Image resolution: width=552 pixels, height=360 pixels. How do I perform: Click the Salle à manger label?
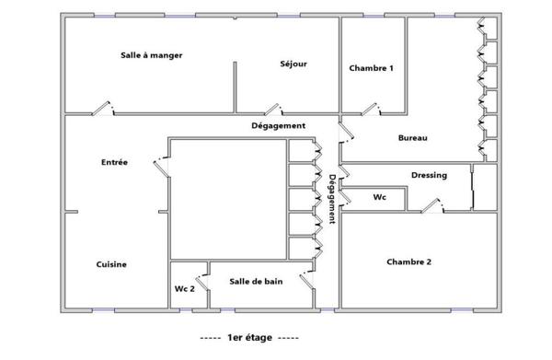click(152, 55)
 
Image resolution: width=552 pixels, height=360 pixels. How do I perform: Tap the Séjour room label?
click(293, 64)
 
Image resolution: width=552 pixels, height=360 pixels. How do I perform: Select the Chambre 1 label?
click(372, 68)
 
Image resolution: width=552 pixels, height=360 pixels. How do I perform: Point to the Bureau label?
click(412, 138)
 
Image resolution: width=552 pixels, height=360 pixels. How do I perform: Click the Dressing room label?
click(429, 175)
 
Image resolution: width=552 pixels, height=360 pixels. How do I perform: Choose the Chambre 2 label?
click(409, 261)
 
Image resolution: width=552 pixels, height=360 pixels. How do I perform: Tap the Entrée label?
click(114, 162)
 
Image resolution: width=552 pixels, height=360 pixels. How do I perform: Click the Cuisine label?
click(111, 264)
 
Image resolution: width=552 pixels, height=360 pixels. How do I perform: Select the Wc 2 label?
click(185, 288)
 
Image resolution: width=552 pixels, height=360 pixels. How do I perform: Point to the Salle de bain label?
click(256, 281)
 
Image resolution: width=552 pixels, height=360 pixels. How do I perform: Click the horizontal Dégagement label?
click(279, 125)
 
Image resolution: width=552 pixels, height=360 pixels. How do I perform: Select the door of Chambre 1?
click(370, 110)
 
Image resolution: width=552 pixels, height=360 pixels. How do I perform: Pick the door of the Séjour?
click(269, 109)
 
